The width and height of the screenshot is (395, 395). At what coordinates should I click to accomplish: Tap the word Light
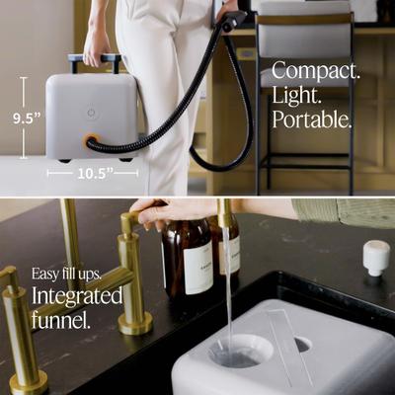tap(296, 96)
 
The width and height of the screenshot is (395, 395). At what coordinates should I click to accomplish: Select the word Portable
tap(312, 119)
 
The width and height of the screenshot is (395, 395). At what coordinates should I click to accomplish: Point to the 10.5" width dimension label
tap(92, 171)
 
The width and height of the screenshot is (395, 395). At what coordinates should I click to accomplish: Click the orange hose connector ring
tap(90, 141)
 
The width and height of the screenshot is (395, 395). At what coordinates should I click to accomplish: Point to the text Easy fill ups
tap(65, 274)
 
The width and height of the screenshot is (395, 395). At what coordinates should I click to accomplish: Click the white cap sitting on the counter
tap(376, 257)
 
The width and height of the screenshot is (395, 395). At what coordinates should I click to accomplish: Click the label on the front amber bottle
tap(197, 268)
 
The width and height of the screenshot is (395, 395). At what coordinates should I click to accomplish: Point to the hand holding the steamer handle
tap(97, 43)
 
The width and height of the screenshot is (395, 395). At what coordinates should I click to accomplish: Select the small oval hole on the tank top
tap(302, 345)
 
